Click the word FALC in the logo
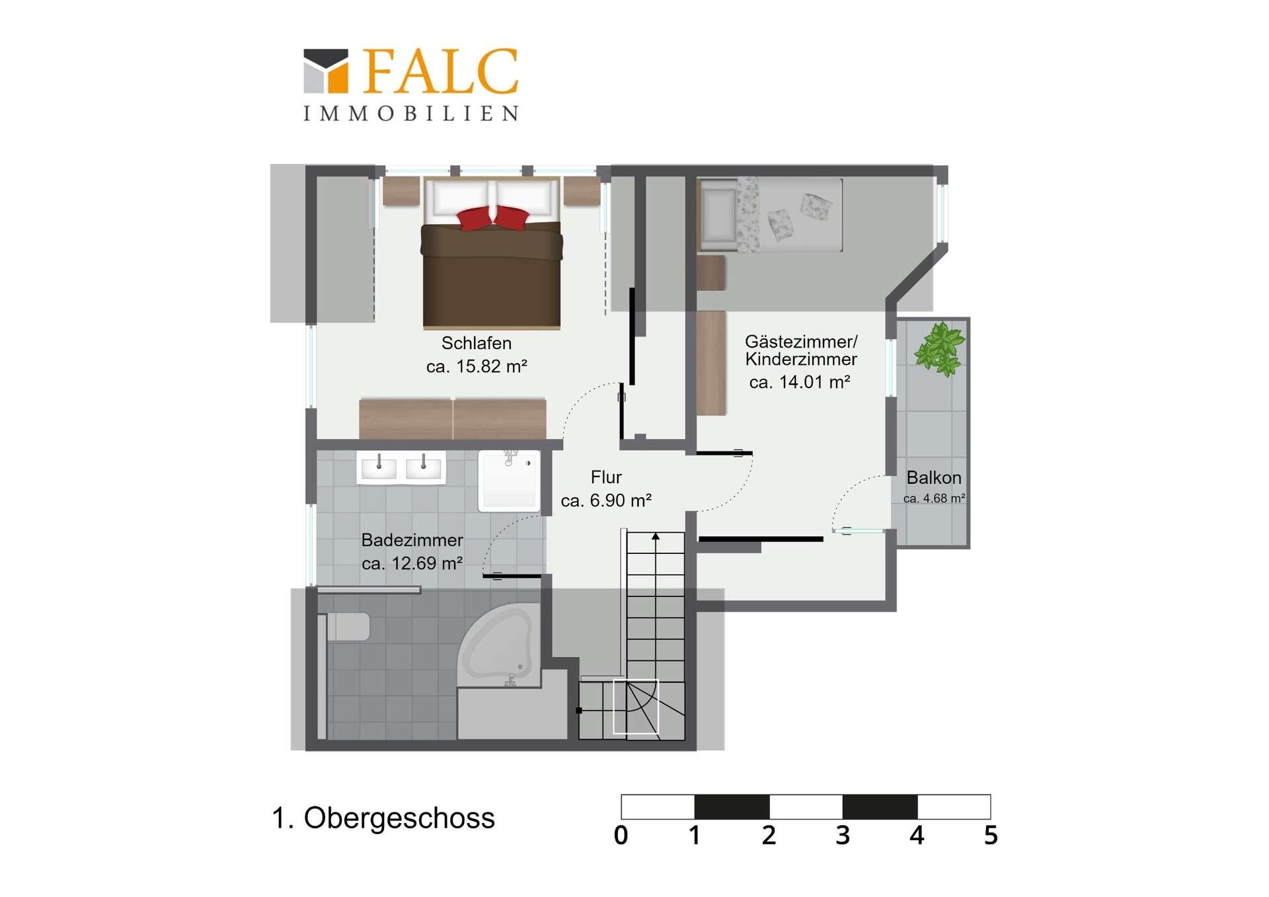[x=440, y=71]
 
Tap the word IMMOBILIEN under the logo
[x=410, y=114]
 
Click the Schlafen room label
[x=477, y=343]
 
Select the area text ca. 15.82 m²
[x=477, y=366]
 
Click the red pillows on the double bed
[x=493, y=217]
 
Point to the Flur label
[x=606, y=477]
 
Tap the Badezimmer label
[x=412, y=540]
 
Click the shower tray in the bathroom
[x=509, y=481]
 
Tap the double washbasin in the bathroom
[x=401, y=468]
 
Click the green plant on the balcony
[x=939, y=348]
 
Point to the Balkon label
[x=934, y=477]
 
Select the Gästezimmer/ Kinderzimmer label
[x=801, y=350]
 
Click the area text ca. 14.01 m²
[x=800, y=382]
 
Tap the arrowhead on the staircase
[x=656, y=536]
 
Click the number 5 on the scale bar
[x=990, y=836]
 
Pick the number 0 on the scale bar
[x=621, y=836]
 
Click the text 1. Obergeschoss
[x=383, y=818]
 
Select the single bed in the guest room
[x=770, y=214]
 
